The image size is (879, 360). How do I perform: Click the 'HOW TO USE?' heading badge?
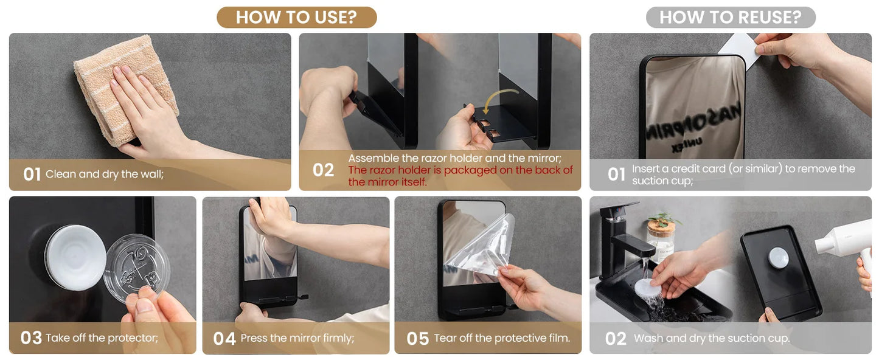tap(296, 17)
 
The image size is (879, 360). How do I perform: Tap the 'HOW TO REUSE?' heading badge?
tap(730, 17)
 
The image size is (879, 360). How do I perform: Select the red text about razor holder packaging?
tap(460, 176)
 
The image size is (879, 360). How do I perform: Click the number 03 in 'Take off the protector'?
tap(31, 338)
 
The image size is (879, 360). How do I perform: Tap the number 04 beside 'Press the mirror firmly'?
tap(224, 339)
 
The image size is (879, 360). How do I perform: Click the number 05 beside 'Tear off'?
tap(417, 339)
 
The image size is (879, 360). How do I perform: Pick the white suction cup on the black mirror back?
tap(75, 257)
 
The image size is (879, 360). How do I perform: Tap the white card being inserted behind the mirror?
tap(739, 49)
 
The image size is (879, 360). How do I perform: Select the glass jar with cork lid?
tap(661, 238)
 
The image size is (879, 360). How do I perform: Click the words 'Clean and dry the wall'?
tap(105, 175)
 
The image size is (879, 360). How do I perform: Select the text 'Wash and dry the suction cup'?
tap(712, 339)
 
